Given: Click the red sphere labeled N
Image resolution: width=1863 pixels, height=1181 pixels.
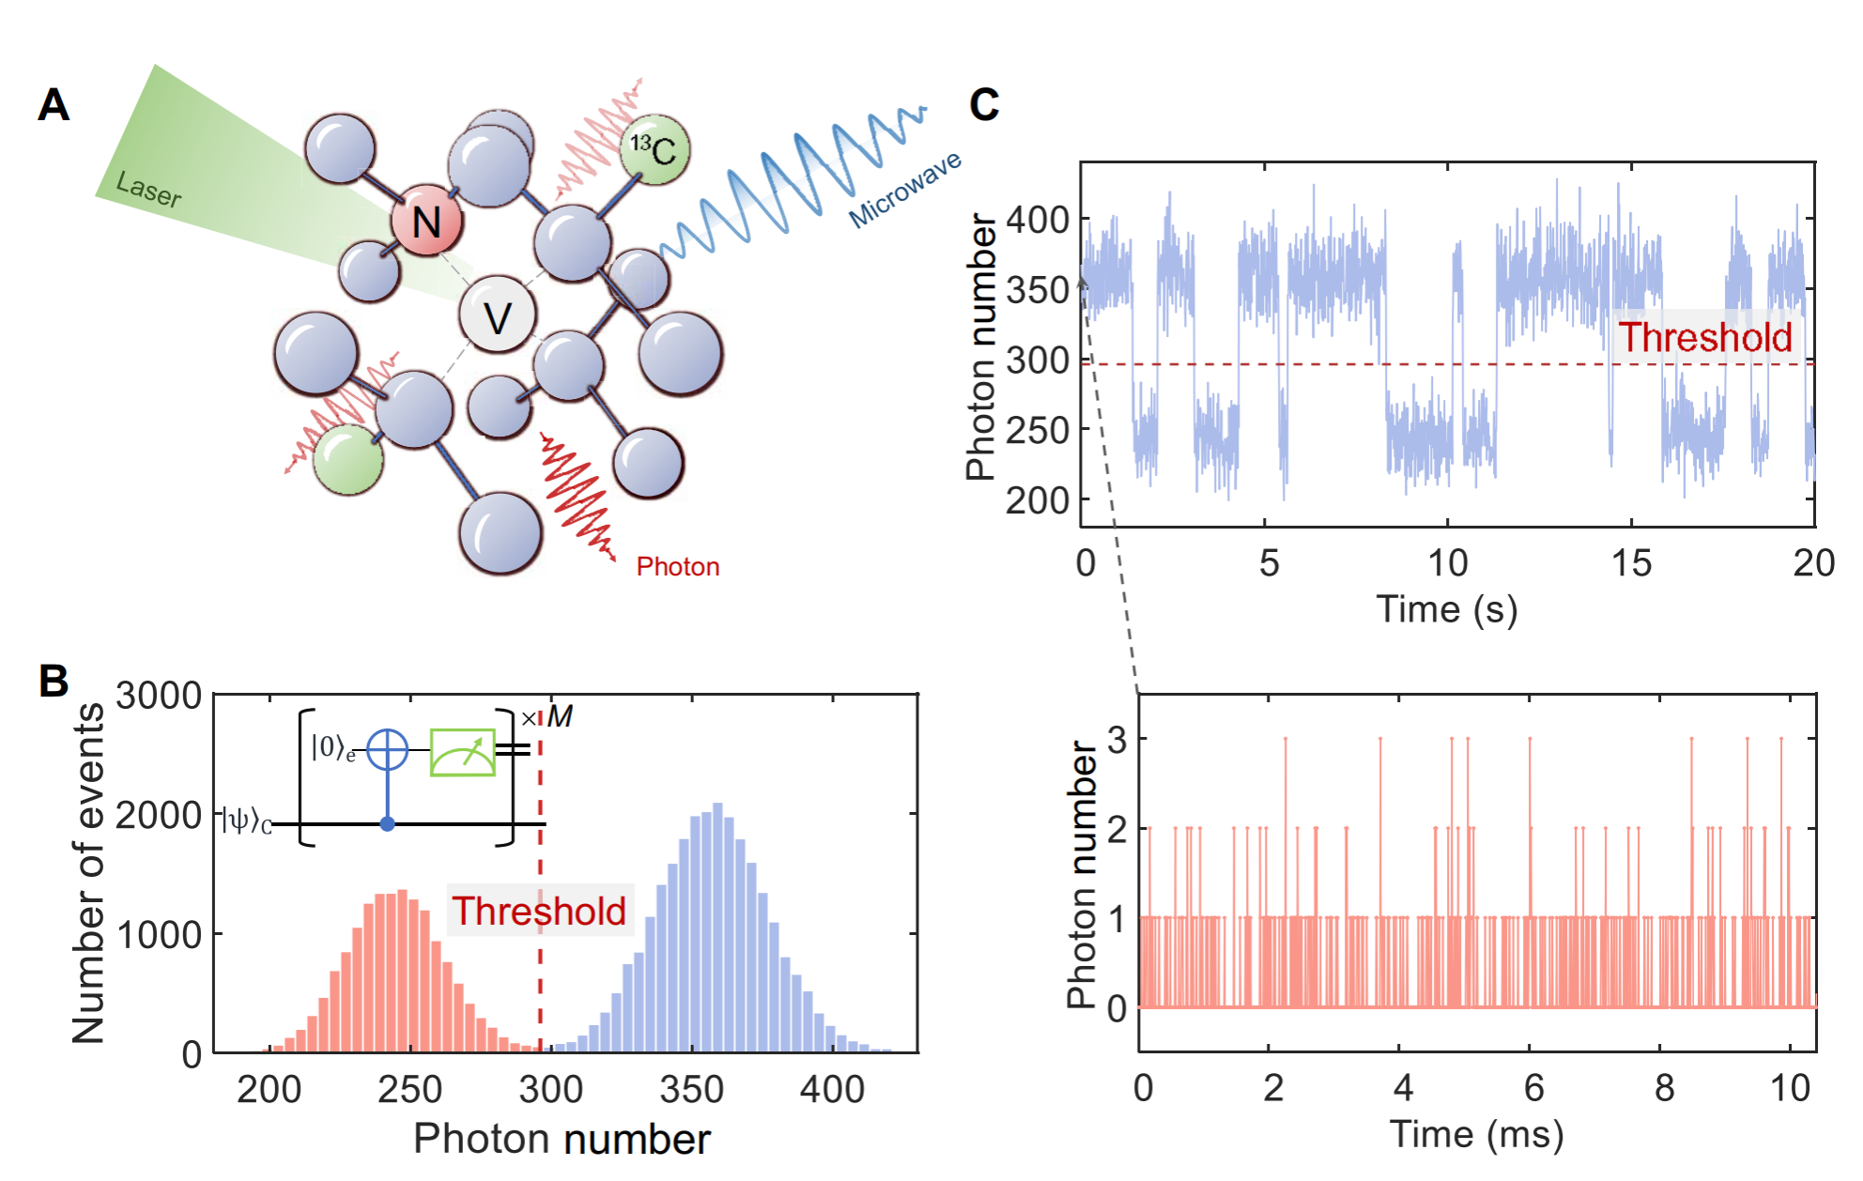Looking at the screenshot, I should tap(427, 222).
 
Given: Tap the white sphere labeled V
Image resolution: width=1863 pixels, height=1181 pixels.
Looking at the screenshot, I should tap(498, 315).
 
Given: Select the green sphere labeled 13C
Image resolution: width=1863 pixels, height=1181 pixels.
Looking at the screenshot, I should tap(654, 149).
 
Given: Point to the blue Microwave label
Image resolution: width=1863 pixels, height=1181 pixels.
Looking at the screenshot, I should tap(905, 190).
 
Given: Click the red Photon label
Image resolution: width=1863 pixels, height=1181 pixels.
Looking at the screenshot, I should tap(678, 567).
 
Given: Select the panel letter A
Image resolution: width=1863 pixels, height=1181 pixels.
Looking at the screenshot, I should tap(54, 104).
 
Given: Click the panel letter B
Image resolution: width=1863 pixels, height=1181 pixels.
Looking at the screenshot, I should tap(54, 682).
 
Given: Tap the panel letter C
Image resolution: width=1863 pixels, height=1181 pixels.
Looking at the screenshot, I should tap(984, 104).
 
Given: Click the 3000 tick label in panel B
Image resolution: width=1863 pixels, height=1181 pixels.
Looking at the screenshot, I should tap(159, 696).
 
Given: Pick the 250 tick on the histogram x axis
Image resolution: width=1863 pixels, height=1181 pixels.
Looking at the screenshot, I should tap(409, 1090).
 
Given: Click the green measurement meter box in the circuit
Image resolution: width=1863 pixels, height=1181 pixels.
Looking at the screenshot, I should tap(462, 752).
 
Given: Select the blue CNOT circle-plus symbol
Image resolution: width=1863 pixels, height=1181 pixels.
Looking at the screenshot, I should tap(387, 750).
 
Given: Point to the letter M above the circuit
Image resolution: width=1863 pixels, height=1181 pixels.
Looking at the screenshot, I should tap(560, 717).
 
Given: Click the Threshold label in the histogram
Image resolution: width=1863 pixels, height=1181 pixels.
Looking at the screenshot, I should tap(539, 911).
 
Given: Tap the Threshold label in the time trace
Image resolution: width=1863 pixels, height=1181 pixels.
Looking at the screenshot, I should tap(1704, 337).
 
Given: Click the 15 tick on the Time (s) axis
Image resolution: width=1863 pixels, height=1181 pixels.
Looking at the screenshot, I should tap(1631, 563).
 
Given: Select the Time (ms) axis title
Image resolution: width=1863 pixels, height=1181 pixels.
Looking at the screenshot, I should tap(1476, 1134).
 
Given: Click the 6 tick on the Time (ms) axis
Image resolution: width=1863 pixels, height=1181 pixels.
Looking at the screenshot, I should tap(1533, 1088).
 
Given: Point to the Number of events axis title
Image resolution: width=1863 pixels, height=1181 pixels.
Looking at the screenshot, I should tap(89, 873).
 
